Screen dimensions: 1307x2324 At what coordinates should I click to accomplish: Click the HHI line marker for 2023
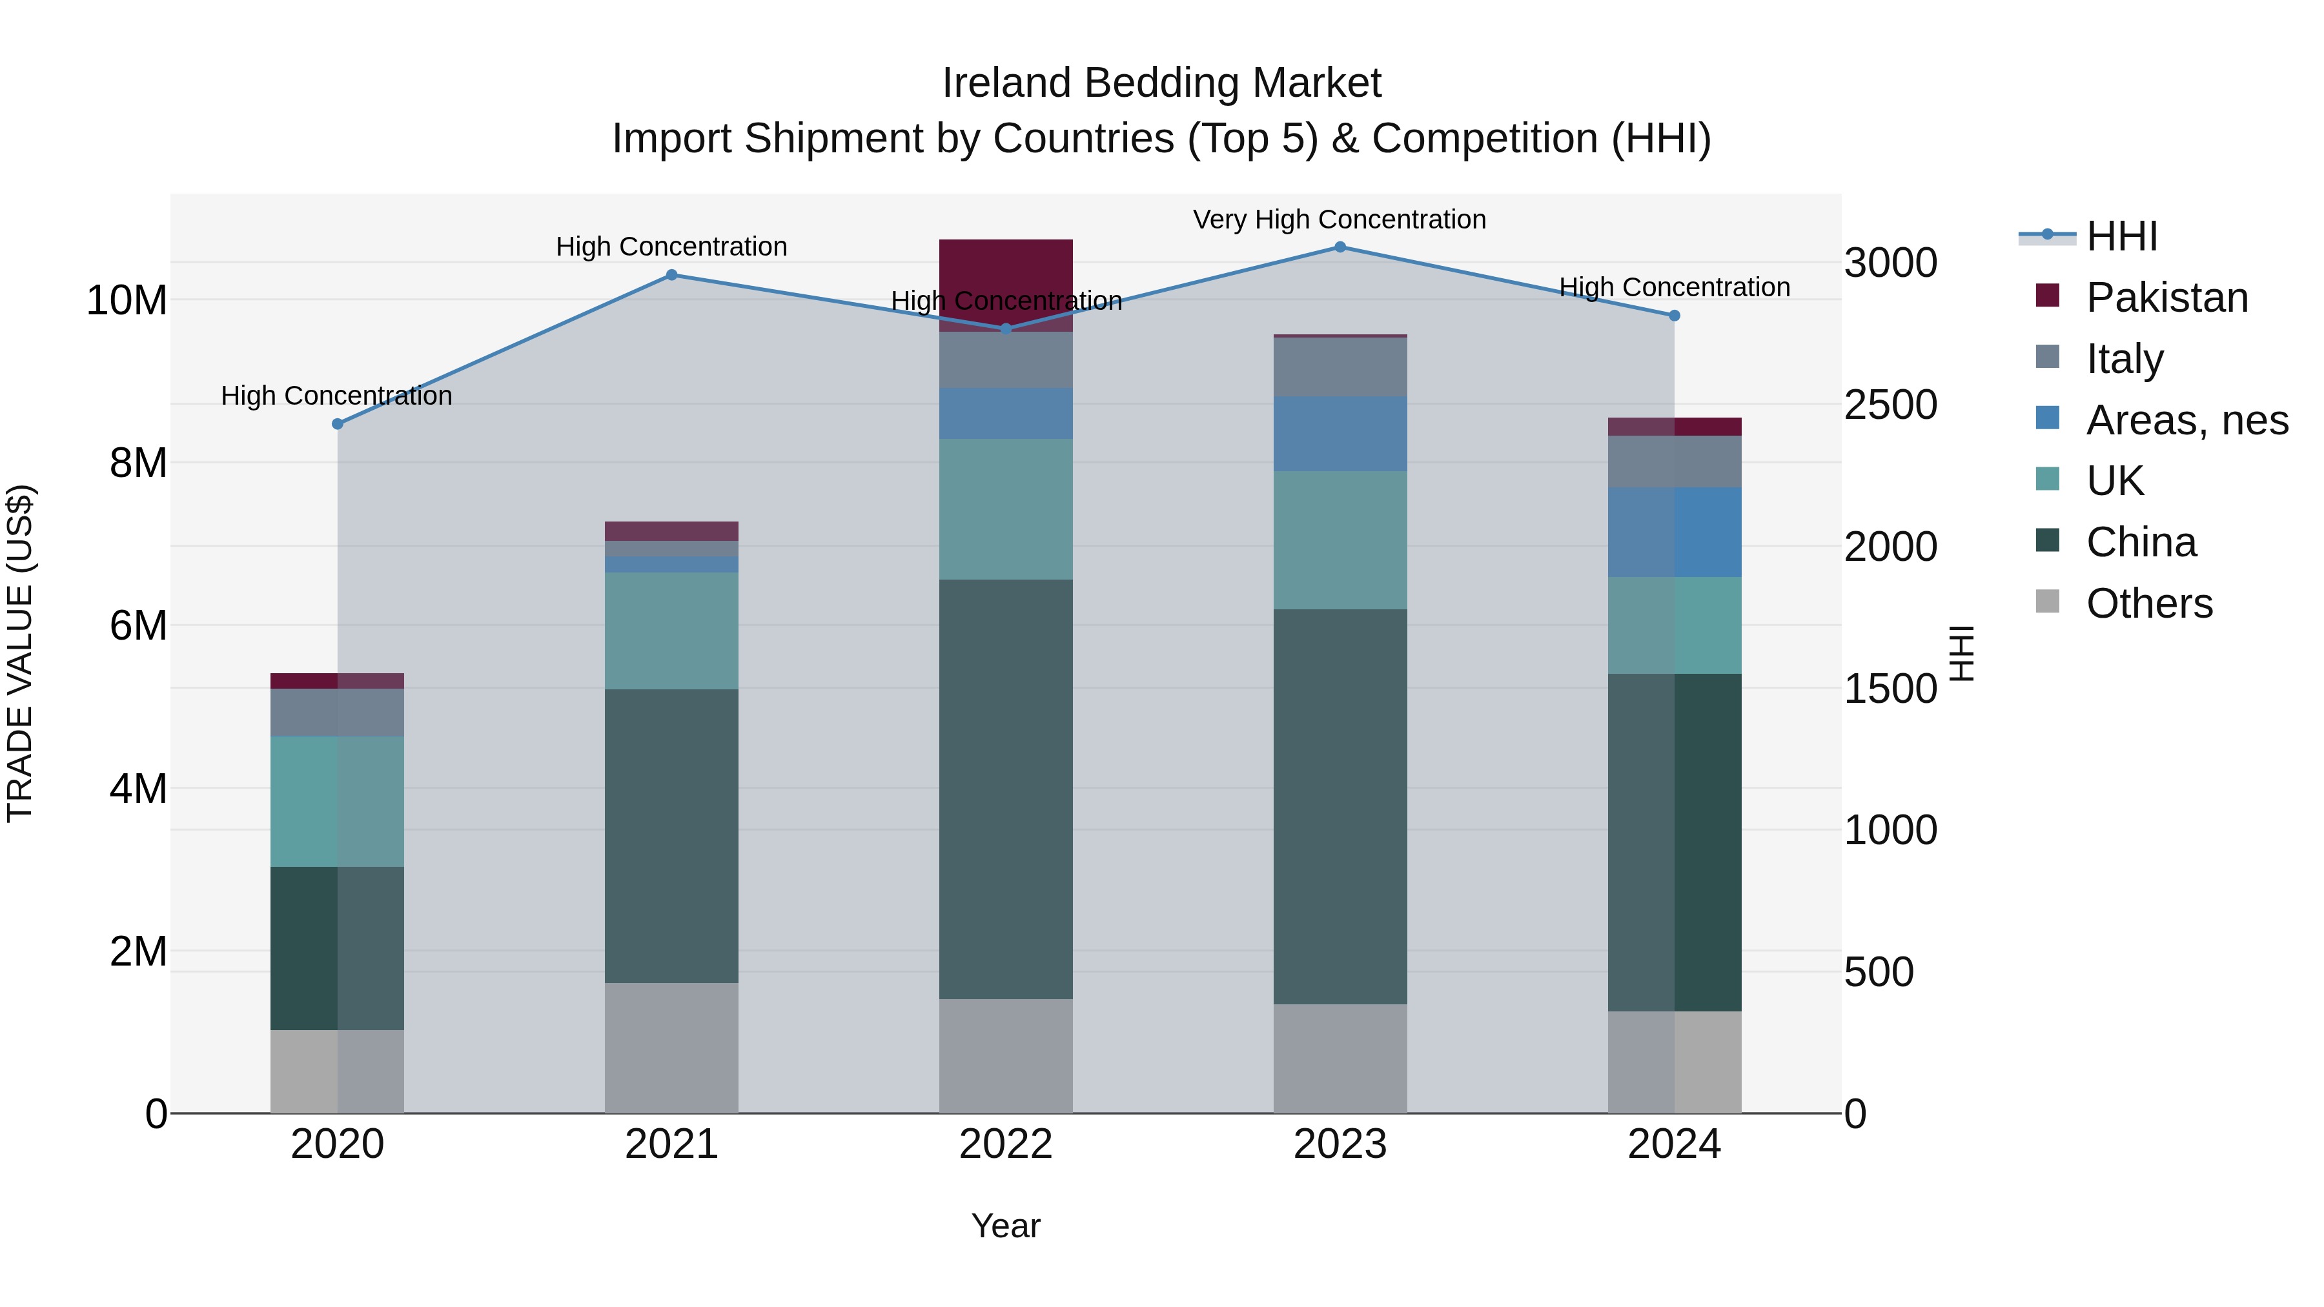[x=1340, y=247]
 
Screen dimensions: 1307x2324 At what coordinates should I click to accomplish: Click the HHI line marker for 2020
[x=338, y=424]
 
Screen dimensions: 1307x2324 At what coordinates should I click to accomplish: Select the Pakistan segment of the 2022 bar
[x=1006, y=270]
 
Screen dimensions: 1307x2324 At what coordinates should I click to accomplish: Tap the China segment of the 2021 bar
[x=671, y=835]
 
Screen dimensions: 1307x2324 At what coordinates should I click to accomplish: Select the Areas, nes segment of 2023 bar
[x=1340, y=434]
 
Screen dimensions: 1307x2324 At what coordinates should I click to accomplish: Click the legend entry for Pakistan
[x=2165, y=298]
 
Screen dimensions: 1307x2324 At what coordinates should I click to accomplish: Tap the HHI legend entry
[x=2120, y=236]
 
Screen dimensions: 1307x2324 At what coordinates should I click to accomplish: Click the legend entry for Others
[x=2148, y=603]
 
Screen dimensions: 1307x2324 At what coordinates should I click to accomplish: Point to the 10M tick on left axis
[x=127, y=300]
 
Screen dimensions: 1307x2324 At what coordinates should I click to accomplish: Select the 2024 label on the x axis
[x=1673, y=1144]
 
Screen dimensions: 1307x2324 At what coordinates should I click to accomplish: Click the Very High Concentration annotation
[x=1339, y=219]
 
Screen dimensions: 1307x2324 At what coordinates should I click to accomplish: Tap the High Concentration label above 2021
[x=671, y=247]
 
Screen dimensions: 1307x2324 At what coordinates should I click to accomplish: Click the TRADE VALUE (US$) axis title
[x=20, y=653]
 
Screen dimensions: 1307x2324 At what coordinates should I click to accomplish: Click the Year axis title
[x=1005, y=1226]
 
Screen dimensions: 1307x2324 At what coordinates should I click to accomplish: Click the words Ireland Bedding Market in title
[x=1161, y=83]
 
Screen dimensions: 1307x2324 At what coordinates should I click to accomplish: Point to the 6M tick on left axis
[x=138, y=626]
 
